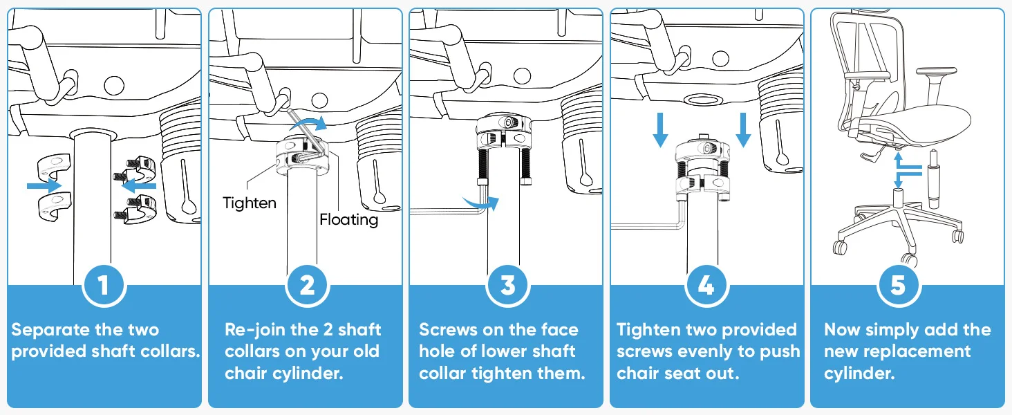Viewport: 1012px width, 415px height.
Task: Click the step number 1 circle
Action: point(104,286)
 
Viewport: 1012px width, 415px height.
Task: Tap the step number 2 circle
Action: point(307,286)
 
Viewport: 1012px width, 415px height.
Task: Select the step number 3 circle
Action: point(508,286)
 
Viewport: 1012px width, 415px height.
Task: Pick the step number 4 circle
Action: point(706,286)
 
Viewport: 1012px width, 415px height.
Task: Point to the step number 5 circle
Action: point(899,286)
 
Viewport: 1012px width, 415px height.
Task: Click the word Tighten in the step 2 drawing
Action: point(250,203)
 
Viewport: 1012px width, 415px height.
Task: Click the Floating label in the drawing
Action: point(349,220)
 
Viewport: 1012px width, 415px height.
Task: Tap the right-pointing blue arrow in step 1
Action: point(44,185)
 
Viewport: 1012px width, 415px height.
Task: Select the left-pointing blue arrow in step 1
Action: point(139,185)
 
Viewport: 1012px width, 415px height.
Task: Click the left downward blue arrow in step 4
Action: point(660,130)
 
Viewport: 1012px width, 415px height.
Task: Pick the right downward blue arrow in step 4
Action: point(743,130)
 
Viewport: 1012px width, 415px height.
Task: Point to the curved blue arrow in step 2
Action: point(309,122)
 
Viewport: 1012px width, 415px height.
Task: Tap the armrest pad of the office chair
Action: point(937,71)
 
